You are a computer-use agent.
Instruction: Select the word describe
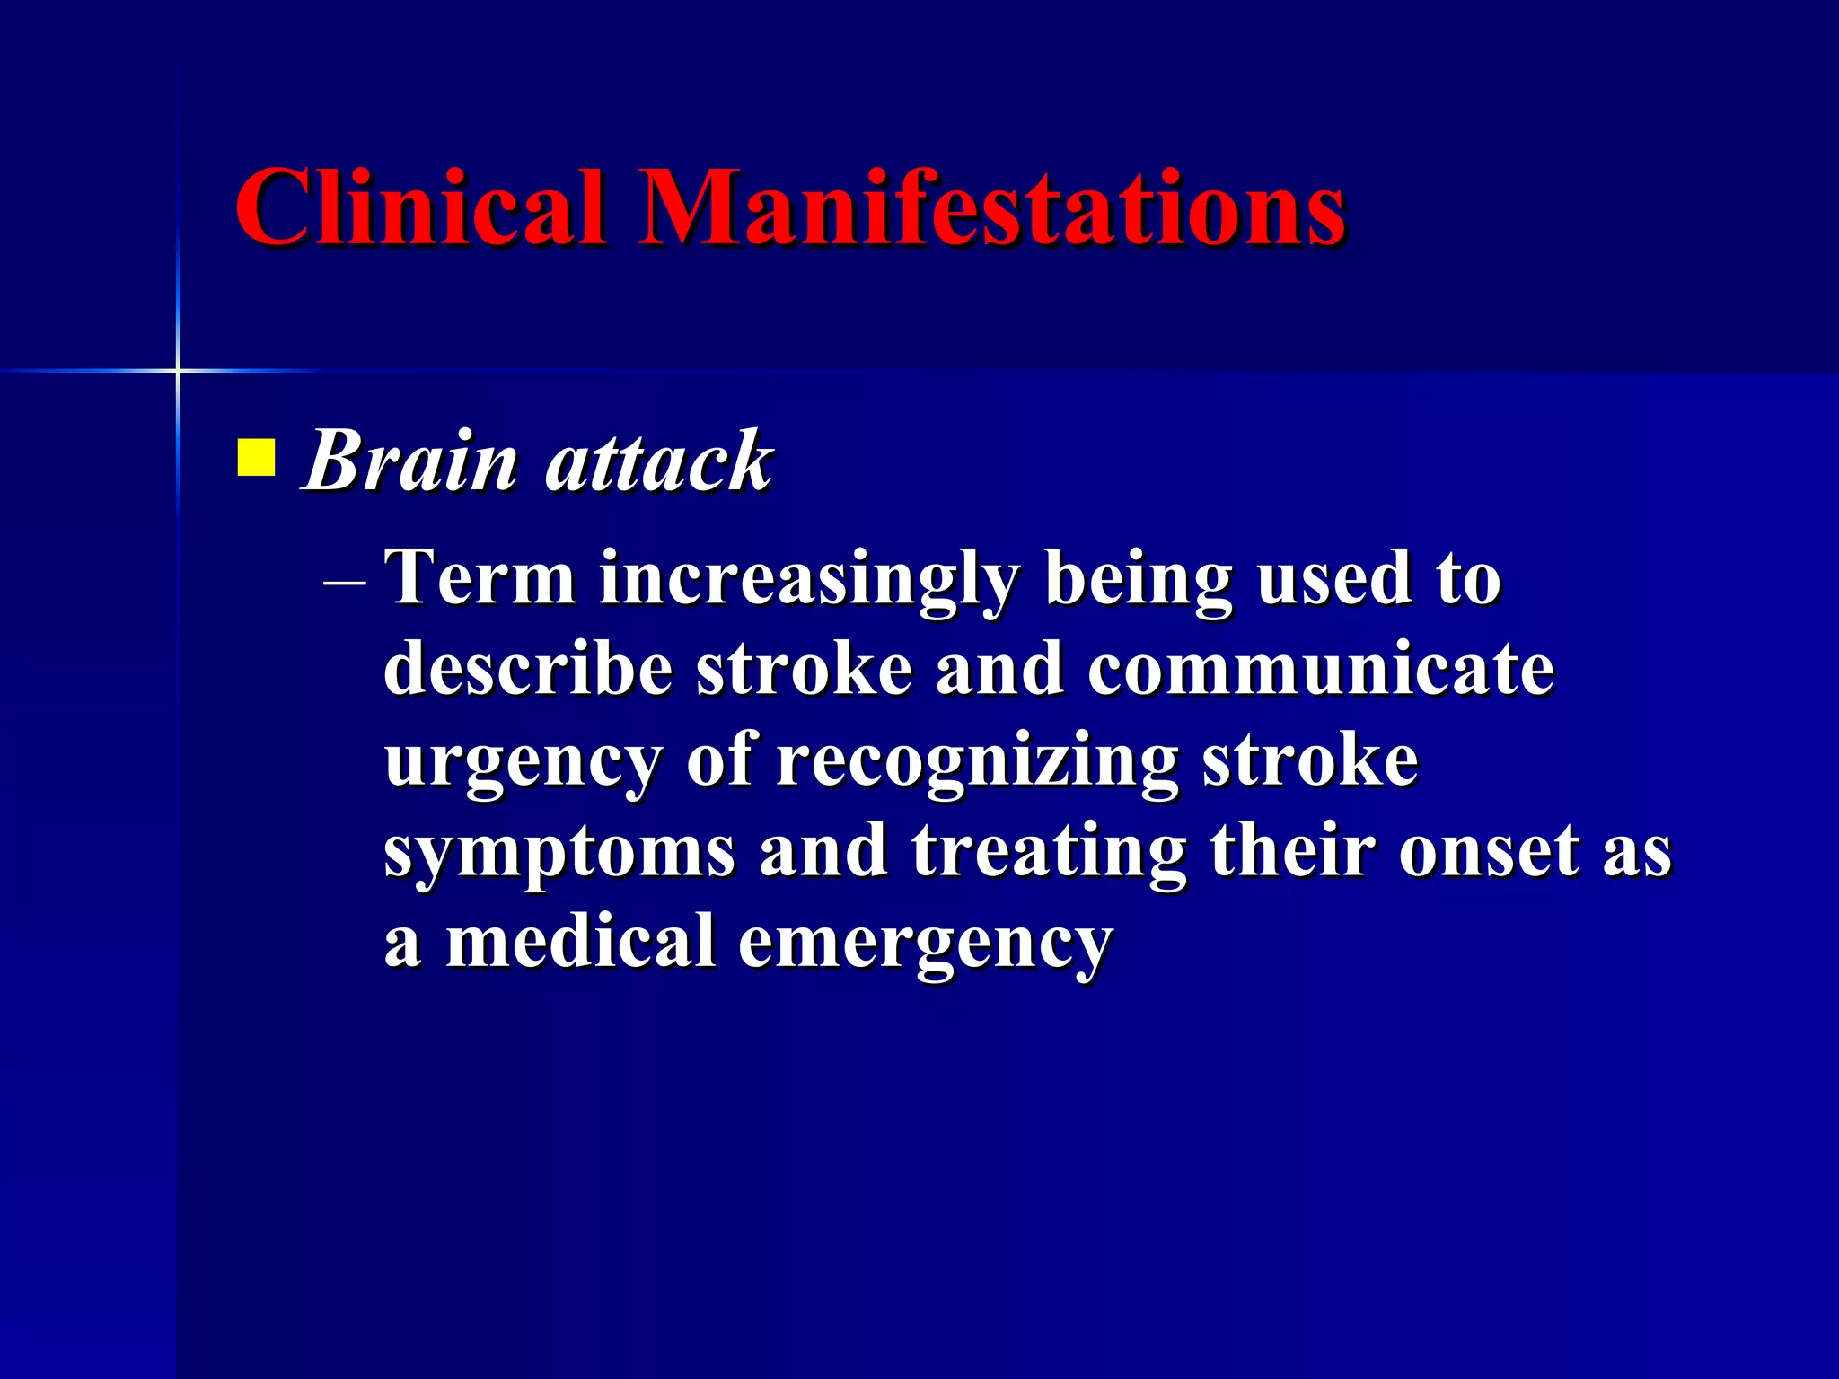[x=528, y=669]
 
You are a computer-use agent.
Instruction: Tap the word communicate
[x=1320, y=669]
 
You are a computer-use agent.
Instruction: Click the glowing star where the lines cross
[x=178, y=370]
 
